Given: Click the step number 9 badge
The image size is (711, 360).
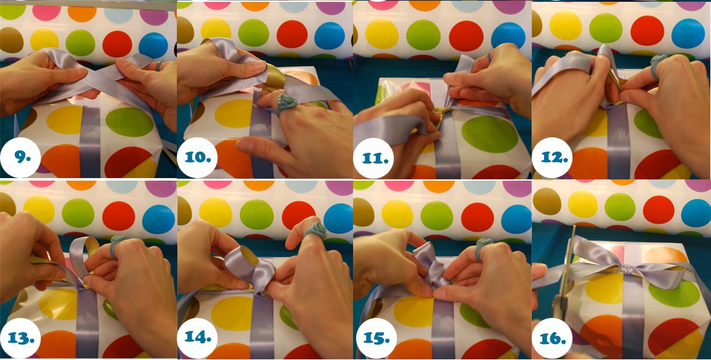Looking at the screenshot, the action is coord(21,157).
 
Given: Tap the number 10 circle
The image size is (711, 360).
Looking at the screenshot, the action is coord(198,157).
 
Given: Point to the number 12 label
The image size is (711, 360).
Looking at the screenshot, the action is coord(552,157).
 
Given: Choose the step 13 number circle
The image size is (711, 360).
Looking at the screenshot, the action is coord(21,338).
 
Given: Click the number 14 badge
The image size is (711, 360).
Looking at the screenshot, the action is coord(198,338).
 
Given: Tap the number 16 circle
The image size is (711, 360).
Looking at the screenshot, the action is coord(552,338).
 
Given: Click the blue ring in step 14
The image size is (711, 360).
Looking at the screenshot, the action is coord(315,230).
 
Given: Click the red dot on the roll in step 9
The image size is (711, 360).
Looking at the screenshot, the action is coord(117,44).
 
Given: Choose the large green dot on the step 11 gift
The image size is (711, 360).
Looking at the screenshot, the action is coord(490,134).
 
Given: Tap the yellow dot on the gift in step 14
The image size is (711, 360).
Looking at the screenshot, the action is coord(232,314).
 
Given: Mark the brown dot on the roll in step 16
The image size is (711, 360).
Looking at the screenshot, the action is coord(547,201).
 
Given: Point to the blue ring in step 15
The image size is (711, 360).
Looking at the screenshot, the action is coord(484,246).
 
